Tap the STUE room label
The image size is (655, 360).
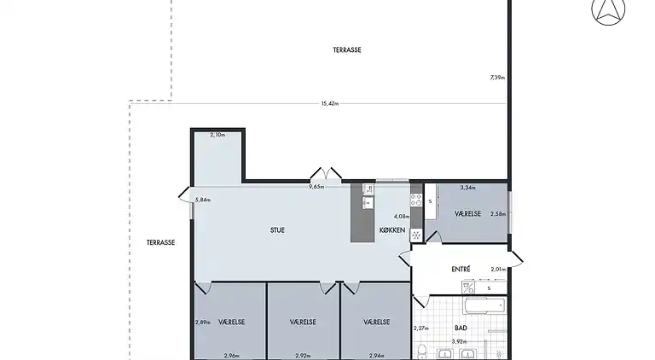pyautogui.click(x=277, y=229)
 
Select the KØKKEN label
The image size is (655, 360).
pyautogui.click(x=391, y=230)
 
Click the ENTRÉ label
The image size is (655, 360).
pyautogui.click(x=461, y=270)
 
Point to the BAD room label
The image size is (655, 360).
pyautogui.click(x=461, y=328)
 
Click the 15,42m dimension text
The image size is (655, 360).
pyautogui.click(x=330, y=104)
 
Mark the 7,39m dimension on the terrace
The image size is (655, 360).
pyautogui.click(x=497, y=78)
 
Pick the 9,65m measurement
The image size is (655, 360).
pyautogui.click(x=316, y=186)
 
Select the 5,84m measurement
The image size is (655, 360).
pyautogui.click(x=202, y=200)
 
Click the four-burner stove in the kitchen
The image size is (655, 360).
pyautogui.click(x=417, y=200)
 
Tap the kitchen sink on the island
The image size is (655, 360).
pyautogui.click(x=368, y=203)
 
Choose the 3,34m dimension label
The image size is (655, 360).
pyautogui.click(x=468, y=188)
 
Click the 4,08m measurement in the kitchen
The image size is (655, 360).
pyautogui.click(x=400, y=216)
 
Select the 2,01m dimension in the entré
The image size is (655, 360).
pyautogui.click(x=498, y=270)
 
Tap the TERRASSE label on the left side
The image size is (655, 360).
pyautogui.click(x=160, y=242)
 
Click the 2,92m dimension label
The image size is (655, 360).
pyautogui.click(x=303, y=355)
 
